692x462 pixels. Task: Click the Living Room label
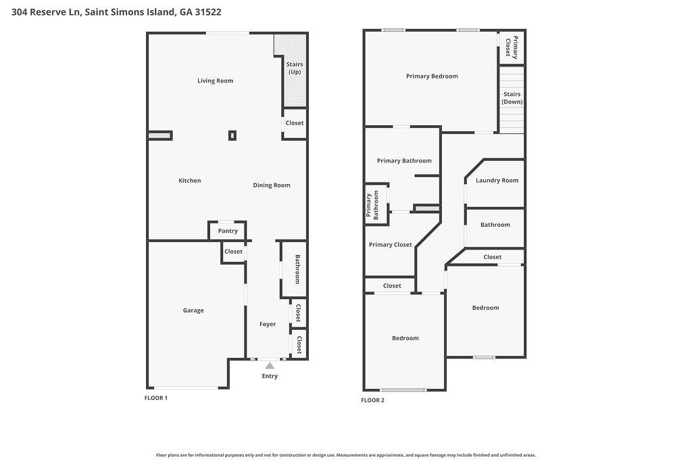point(215,80)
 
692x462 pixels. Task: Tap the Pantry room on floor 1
point(228,231)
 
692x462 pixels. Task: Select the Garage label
point(193,310)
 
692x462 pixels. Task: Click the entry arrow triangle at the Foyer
point(270,366)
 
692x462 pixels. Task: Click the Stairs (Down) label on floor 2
point(512,98)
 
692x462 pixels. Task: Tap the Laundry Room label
point(497,181)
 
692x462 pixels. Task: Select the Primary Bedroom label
point(432,76)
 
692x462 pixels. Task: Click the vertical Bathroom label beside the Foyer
point(297,269)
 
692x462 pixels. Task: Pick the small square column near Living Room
point(232,135)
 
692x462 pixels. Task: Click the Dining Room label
point(272,185)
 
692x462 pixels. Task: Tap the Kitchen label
point(190,181)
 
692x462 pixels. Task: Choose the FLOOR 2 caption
point(372,400)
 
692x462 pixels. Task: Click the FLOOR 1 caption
point(156,398)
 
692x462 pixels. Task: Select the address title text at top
point(117,12)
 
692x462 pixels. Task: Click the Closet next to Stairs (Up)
point(294,123)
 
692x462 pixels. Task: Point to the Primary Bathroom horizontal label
point(404,161)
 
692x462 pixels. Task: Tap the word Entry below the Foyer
point(270,376)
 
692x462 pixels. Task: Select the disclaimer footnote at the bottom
point(345,455)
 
